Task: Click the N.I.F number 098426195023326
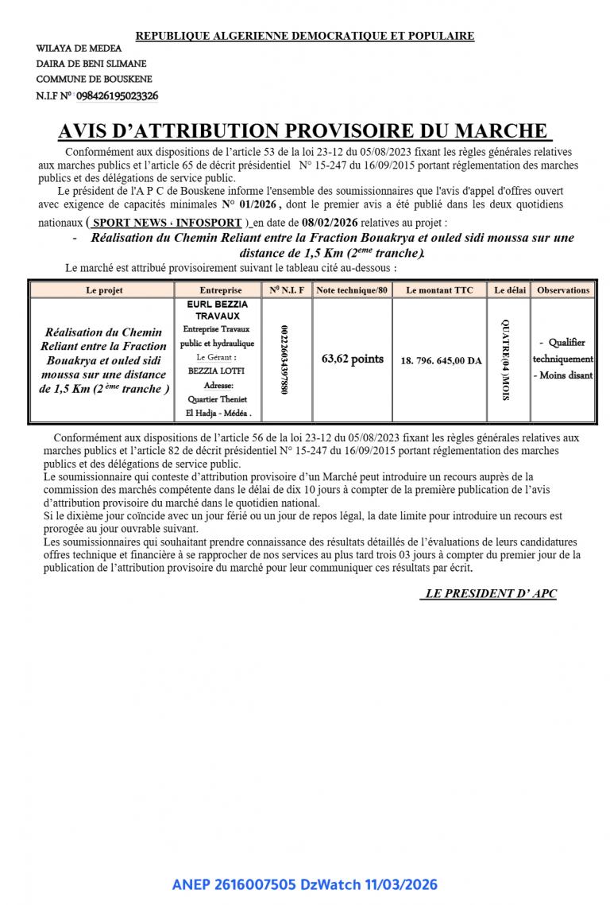[x=117, y=96]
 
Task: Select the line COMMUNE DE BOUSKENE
[x=94, y=80]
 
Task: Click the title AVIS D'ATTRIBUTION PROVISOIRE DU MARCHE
[x=304, y=131]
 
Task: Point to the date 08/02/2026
[x=345, y=223]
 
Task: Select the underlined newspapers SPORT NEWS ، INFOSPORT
[x=167, y=223]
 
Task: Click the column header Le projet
[x=104, y=290]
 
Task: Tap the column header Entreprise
[x=220, y=290]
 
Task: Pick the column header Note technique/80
[x=352, y=290]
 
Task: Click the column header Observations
[x=563, y=290]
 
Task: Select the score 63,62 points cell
[x=352, y=359]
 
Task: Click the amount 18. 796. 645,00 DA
[x=441, y=361]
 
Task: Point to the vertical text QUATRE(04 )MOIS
[x=507, y=359]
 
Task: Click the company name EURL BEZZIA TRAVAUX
[x=218, y=310]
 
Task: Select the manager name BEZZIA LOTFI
[x=218, y=371]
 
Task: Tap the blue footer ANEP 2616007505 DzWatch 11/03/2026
[x=304, y=885]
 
